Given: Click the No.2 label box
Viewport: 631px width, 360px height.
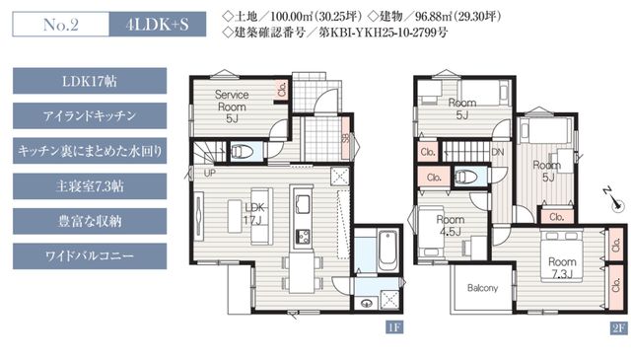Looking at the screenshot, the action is click(x=61, y=25).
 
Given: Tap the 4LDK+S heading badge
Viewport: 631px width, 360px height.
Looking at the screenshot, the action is click(x=158, y=25).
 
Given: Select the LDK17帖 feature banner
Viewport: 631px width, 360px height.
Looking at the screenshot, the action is click(x=90, y=81).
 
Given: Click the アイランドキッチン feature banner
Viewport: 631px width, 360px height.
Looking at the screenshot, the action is click(x=90, y=116).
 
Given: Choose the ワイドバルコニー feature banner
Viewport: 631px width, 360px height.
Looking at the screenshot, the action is click(x=90, y=256).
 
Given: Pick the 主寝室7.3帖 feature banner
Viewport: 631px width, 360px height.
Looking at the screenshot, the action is click(x=90, y=186).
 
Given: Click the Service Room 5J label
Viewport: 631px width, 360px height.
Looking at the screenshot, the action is click(x=232, y=107).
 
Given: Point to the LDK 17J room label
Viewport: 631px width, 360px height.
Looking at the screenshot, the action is click(x=254, y=214).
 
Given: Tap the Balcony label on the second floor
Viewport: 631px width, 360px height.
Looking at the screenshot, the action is click(x=482, y=288).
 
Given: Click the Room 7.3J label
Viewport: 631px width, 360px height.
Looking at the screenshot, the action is click(x=562, y=268).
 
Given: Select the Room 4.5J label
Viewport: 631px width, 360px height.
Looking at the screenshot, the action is click(x=451, y=226).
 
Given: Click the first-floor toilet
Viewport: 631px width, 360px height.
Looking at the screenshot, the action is click(x=242, y=152).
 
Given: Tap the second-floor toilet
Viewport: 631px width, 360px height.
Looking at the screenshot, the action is click(x=466, y=177).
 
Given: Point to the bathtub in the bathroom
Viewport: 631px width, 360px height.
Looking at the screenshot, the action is click(x=387, y=250).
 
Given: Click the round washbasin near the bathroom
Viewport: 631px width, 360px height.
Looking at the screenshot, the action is click(x=367, y=303).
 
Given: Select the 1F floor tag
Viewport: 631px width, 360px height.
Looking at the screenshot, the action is click(x=394, y=327).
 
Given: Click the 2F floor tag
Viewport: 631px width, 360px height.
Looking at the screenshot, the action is click(x=619, y=328).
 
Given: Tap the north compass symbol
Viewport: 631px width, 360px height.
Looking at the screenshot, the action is click(x=613, y=199).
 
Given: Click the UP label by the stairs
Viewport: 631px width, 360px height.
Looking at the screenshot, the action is click(x=210, y=174).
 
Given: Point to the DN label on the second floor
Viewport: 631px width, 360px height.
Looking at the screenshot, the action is click(x=498, y=152).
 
